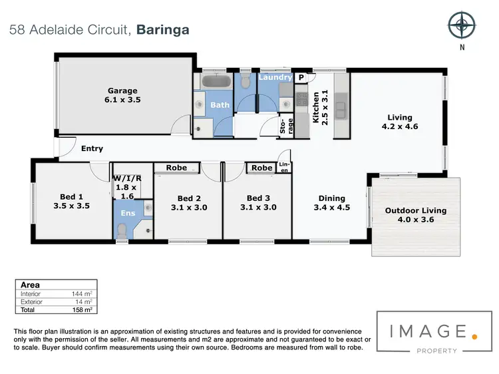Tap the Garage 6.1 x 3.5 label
(123, 95)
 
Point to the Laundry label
(275, 77)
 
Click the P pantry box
(301, 77)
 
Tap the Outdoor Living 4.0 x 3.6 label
(416, 216)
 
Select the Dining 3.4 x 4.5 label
(331, 202)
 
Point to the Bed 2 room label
(189, 202)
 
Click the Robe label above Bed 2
(176, 168)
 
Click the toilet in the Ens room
(121, 230)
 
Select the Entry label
(92, 148)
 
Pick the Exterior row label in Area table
(32, 301)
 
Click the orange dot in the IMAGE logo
(474, 336)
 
